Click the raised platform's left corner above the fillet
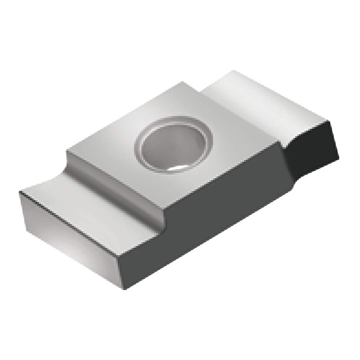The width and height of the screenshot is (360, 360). [x=67, y=153]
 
